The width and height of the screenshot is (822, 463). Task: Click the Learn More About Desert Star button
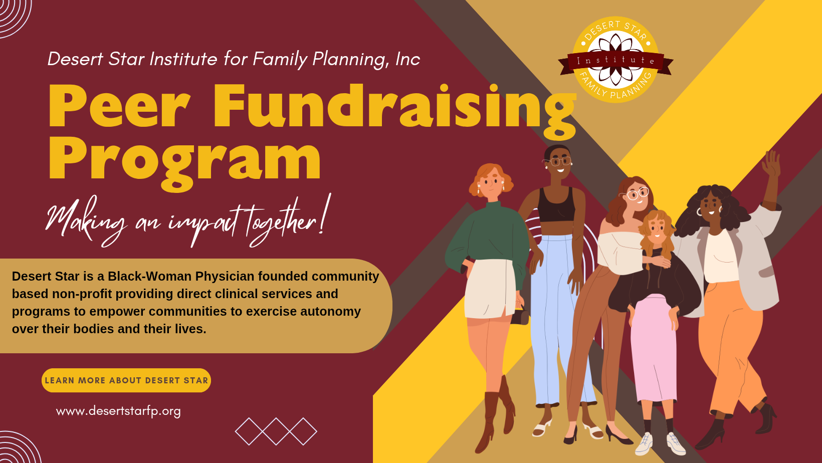tap(126, 380)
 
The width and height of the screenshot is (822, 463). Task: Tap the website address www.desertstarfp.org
tap(118, 411)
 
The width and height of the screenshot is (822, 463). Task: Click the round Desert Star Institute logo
tap(615, 60)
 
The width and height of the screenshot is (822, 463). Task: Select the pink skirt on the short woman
tap(653, 346)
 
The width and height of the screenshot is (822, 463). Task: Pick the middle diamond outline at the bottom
tap(276, 431)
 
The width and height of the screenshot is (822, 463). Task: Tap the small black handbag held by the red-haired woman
tap(521, 316)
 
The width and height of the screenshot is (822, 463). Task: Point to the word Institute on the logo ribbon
tap(615, 60)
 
